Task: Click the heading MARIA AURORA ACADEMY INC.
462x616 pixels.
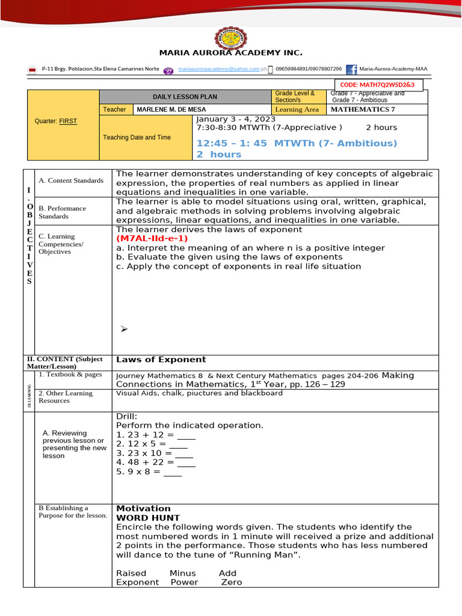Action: tap(230, 53)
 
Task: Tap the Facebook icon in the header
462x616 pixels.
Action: tap(351, 70)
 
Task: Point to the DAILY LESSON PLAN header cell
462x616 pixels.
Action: tap(185, 97)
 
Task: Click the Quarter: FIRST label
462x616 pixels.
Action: tap(56, 121)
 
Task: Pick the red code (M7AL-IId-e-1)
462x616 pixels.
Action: tap(152, 238)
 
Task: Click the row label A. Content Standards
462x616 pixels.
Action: tap(71, 180)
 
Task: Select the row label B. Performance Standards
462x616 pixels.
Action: tap(63, 212)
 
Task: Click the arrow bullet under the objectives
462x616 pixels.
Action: tap(125, 328)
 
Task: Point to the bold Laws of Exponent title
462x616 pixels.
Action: tap(161, 360)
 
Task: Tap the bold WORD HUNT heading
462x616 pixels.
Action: tap(148, 517)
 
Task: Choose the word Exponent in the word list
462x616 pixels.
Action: tap(137, 582)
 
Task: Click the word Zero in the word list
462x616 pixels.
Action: tap(232, 582)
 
